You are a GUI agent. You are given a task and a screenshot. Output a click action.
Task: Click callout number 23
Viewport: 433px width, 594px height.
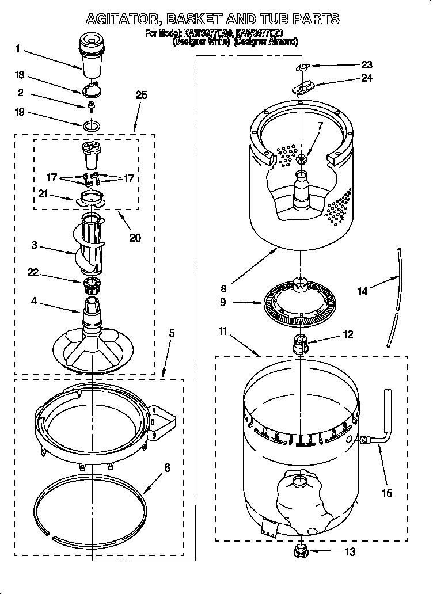pyautogui.click(x=367, y=64)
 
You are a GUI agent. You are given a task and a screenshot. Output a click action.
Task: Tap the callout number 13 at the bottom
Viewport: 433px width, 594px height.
pyautogui.click(x=350, y=552)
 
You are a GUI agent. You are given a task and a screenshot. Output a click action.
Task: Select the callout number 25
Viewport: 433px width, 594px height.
pyautogui.click(x=141, y=96)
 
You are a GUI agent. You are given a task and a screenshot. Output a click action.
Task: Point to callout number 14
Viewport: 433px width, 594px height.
pyautogui.click(x=363, y=292)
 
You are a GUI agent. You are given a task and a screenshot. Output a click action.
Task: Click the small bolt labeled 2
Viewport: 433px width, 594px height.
pyautogui.click(x=91, y=106)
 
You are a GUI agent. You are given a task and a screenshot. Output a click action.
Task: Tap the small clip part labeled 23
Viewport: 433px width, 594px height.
pyautogui.click(x=301, y=68)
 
